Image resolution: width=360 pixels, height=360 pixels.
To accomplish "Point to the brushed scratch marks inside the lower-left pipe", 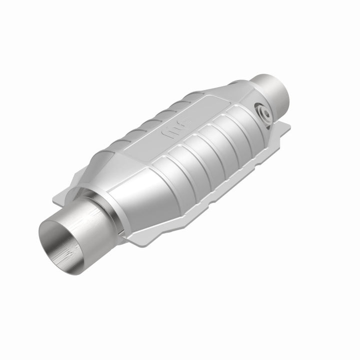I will click(x=65, y=245).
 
